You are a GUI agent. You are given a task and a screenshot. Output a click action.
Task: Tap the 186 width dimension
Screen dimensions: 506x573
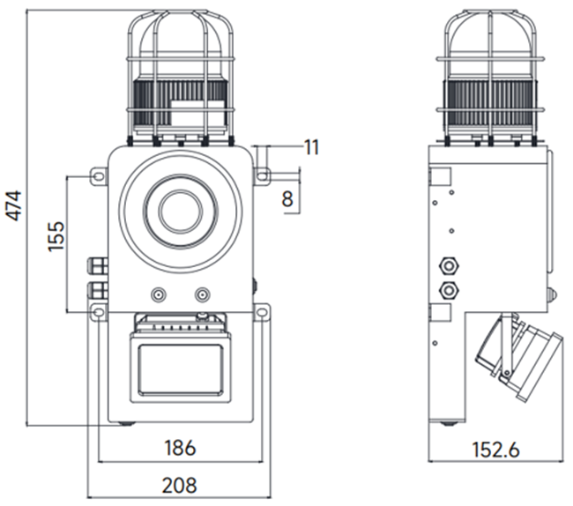(180, 448)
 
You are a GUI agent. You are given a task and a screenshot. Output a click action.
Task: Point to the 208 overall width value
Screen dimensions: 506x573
(180, 485)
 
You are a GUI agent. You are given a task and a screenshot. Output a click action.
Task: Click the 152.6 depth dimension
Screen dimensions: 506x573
(495, 450)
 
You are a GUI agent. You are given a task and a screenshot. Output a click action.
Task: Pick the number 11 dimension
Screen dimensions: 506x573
(310, 146)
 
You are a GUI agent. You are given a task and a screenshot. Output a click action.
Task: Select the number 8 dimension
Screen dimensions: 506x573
(287, 198)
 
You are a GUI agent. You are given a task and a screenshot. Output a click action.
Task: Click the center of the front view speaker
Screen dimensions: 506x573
(180, 210)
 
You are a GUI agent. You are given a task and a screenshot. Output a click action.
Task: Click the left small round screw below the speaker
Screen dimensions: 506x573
(158, 294)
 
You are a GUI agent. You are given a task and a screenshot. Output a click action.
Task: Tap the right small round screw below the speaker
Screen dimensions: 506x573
(204, 294)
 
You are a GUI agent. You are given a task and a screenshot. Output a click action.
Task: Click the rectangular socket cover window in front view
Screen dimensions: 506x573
(180, 368)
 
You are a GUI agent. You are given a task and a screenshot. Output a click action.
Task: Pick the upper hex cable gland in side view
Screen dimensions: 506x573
(450, 263)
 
